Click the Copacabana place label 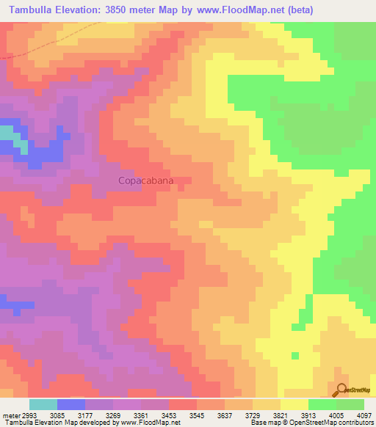tap(147, 180)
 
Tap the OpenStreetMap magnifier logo tap(340, 389)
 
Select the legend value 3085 tap(57, 415)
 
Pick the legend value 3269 tap(113, 415)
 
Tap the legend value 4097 tap(364, 415)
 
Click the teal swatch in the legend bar tap(43, 404)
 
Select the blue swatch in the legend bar tap(71, 404)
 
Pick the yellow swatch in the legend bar tap(294, 404)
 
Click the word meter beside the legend tap(10, 415)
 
